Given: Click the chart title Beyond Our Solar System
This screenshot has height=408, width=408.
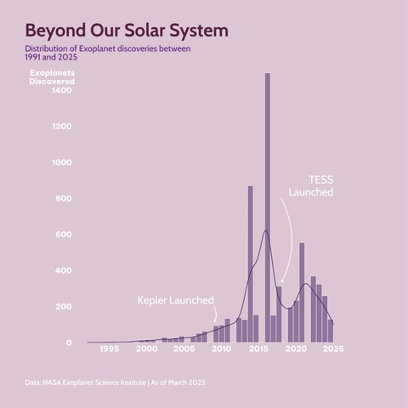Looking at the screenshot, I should (x=127, y=31).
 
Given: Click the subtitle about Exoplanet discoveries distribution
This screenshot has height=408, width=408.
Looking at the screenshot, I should (x=107, y=53).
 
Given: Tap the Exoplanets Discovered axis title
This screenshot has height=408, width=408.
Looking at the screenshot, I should (x=51, y=77).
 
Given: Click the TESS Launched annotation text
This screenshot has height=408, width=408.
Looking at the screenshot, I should (x=311, y=187).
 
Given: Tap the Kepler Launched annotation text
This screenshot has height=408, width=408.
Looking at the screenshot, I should (x=176, y=301).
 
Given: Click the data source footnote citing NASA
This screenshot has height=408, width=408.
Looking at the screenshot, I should (x=115, y=383).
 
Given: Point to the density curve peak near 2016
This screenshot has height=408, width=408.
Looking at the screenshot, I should (x=265, y=230).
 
